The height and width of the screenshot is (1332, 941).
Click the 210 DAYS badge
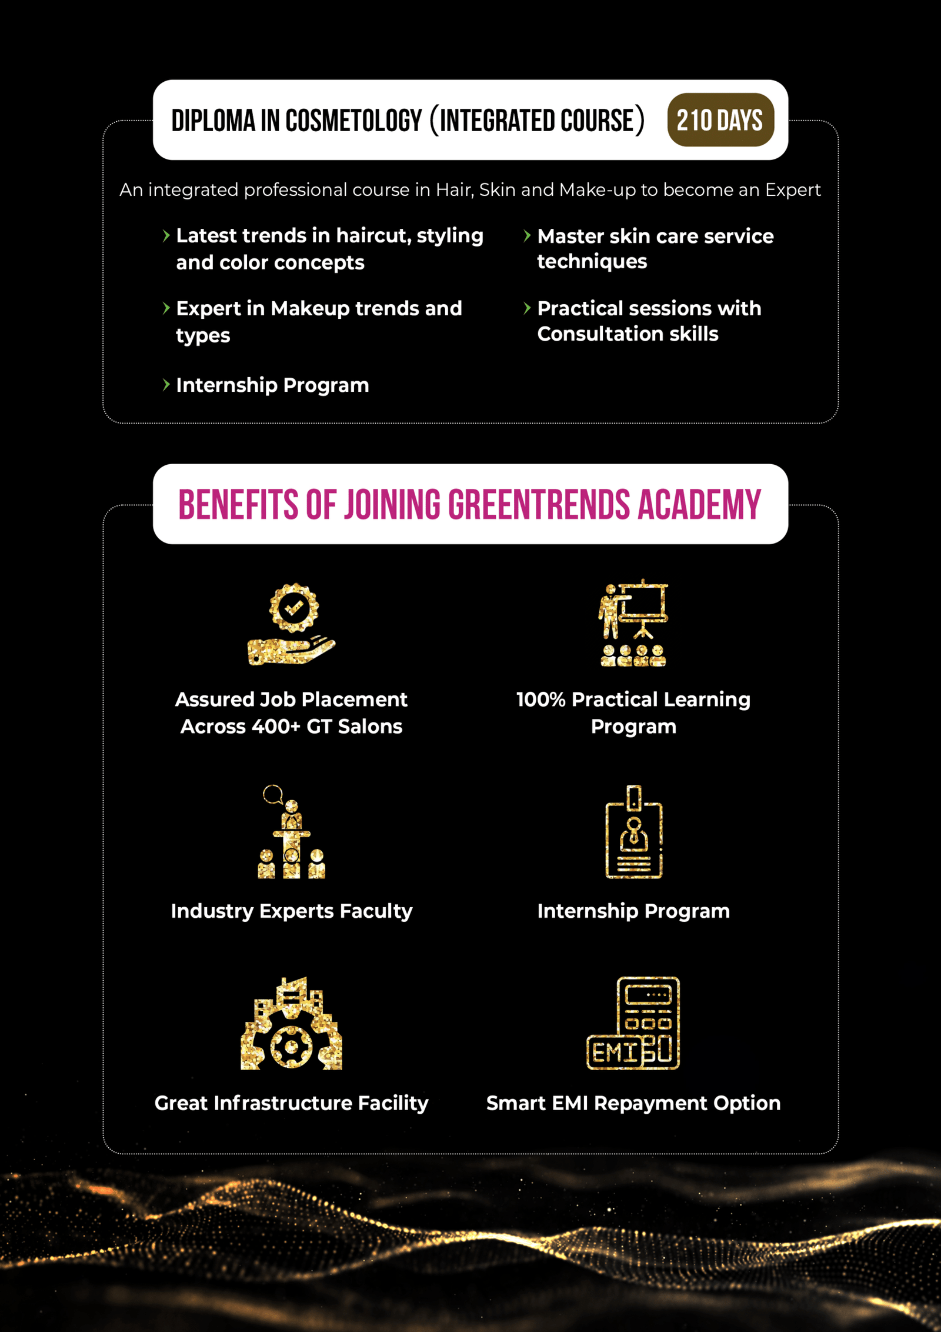point(720,120)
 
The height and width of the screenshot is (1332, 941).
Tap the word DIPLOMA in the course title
point(213,121)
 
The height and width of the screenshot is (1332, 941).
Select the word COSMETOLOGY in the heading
point(353,121)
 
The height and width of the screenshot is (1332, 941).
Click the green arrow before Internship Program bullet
point(166,385)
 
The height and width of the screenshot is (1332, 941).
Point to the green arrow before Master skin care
point(527,236)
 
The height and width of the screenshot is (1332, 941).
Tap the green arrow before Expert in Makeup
point(166,308)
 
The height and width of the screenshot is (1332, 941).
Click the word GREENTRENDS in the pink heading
point(539,504)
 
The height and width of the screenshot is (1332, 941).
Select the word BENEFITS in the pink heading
point(238,504)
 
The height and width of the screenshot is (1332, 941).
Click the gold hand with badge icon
point(291,625)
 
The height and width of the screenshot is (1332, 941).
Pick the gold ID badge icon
point(633,832)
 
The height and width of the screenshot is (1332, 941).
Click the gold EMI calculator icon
point(633,1024)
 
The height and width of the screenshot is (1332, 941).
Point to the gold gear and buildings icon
point(291,1024)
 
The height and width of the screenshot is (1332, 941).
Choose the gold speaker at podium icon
point(291,832)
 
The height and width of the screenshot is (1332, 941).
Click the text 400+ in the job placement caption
point(276,727)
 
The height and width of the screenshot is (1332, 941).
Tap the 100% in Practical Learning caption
point(540,700)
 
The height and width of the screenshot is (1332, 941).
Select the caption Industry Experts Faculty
point(291,911)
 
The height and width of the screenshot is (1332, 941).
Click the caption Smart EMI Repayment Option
point(633,1103)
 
